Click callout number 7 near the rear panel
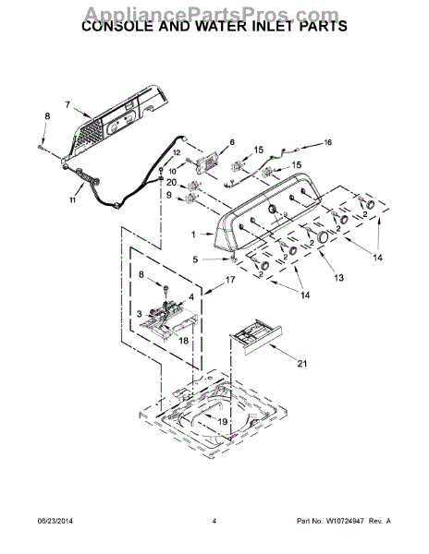pyautogui.click(x=67, y=105)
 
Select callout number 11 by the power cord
pyautogui.click(x=74, y=199)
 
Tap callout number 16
pyautogui.click(x=326, y=142)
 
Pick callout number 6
pyautogui.click(x=231, y=141)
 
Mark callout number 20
pyautogui.click(x=171, y=182)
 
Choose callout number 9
pyautogui.click(x=170, y=196)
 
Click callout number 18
pyautogui.click(x=183, y=341)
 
